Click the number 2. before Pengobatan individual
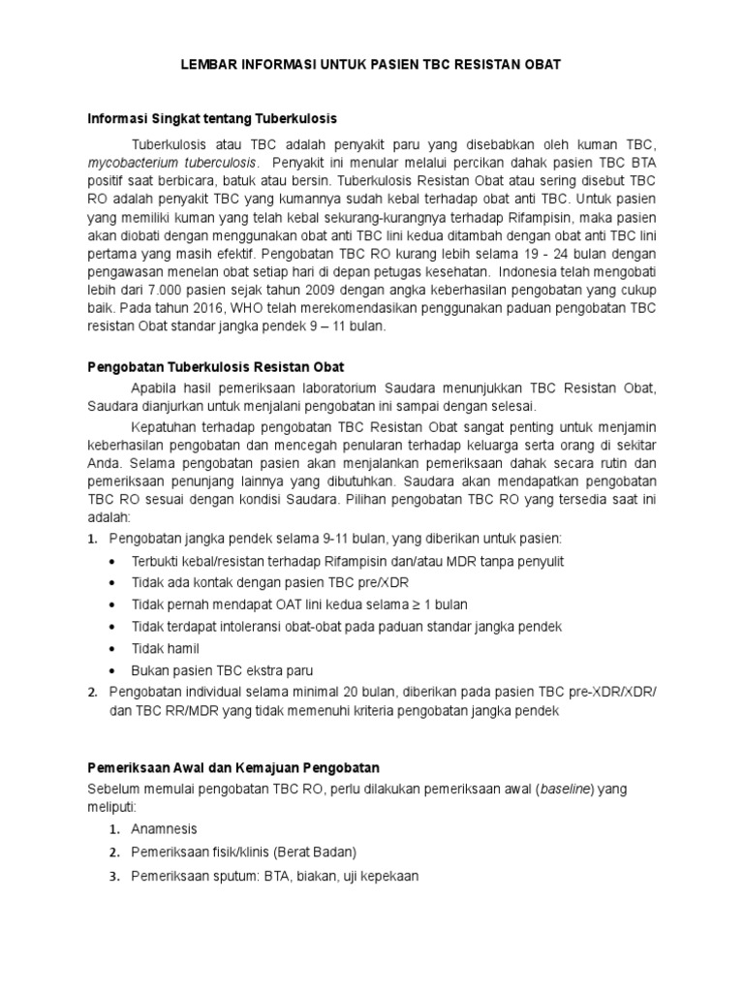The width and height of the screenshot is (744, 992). tap(92, 691)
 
